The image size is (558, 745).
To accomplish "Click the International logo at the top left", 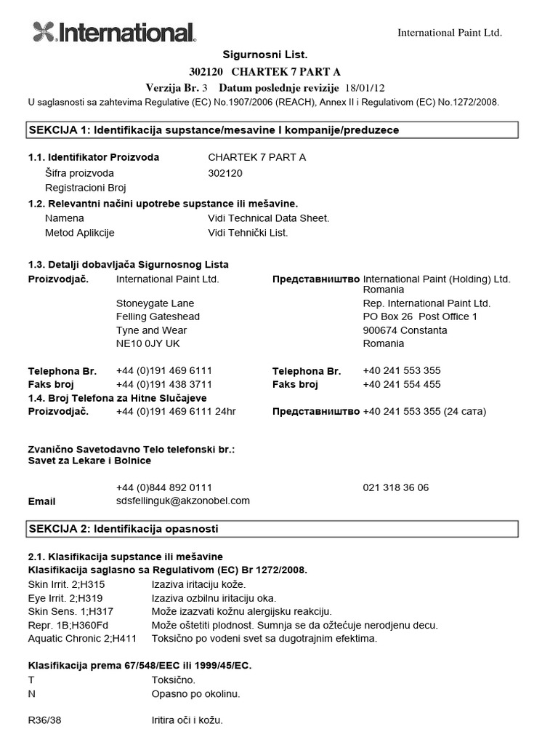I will click(114, 32).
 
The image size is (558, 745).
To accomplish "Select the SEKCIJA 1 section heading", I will click(214, 130).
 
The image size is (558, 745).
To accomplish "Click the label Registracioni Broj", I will click(85, 187).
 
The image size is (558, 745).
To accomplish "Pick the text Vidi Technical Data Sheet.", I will click(268, 218).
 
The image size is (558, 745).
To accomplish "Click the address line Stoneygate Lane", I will click(155, 303).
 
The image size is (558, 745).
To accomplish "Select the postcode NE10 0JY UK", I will click(147, 343).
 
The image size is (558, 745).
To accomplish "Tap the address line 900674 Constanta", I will click(405, 330).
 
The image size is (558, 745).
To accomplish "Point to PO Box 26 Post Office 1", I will click(420, 316).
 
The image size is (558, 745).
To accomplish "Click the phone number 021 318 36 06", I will click(395, 487).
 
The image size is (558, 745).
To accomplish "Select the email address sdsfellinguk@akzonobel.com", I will click(182, 501).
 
